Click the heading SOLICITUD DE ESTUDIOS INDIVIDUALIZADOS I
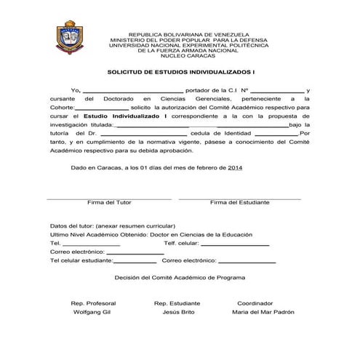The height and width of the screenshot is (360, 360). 181,73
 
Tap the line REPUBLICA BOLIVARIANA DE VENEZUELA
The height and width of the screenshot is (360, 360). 188,34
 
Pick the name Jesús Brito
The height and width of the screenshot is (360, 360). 178,311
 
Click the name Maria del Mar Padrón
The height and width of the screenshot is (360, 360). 263,311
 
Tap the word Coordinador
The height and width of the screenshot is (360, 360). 255,303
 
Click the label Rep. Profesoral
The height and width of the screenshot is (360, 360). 92,303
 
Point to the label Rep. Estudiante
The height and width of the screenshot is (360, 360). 177,303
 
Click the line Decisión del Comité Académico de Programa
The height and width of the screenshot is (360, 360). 180,277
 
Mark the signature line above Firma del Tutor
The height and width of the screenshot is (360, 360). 109,197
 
